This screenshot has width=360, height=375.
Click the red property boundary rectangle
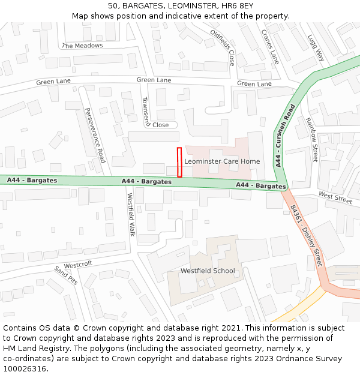tap(179, 162)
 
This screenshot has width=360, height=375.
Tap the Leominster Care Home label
tap(222, 161)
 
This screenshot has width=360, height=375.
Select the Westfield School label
tap(208, 271)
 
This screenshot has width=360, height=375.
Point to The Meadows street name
tap(82, 46)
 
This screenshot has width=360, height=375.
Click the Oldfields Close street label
tap(223, 48)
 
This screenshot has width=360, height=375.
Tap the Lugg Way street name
tap(316, 47)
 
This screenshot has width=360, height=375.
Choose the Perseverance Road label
tap(95, 135)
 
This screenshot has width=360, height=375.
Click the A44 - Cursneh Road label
tap(286, 135)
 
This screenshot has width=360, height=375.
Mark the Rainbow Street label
tap(311, 139)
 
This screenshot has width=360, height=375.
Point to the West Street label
tap(335, 197)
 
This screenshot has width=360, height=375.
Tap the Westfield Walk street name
tap(131, 214)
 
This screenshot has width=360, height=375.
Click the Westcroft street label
tap(78, 265)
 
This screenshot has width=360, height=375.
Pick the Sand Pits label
tap(66, 275)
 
